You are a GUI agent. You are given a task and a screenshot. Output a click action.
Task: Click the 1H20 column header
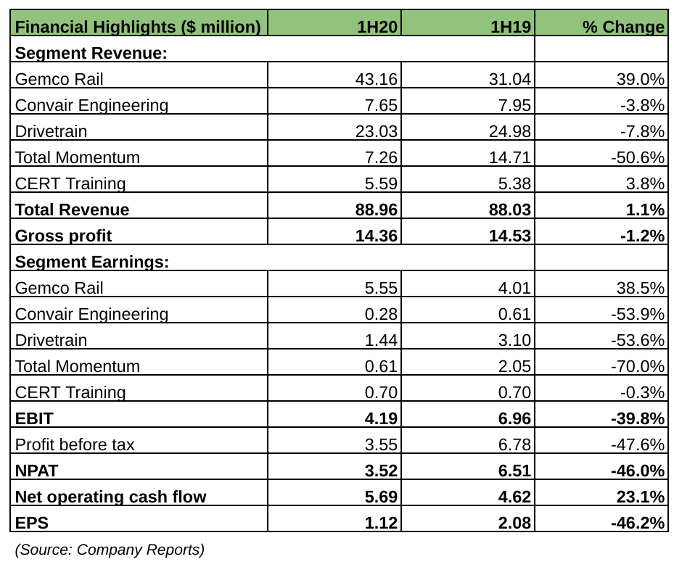pyautogui.click(x=377, y=28)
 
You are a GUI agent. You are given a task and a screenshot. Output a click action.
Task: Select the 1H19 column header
pyautogui.click(x=511, y=28)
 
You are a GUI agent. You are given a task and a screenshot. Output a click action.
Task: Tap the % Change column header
pyautogui.click(x=623, y=28)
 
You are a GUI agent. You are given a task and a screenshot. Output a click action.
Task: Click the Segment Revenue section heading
pyautogui.click(x=91, y=53)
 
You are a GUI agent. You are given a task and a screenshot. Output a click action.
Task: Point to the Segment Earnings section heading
pyautogui.click(x=92, y=262)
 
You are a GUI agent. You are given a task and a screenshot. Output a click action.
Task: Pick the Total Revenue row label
pyautogui.click(x=72, y=210)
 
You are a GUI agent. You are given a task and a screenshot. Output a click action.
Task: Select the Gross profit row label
pyautogui.click(x=63, y=236)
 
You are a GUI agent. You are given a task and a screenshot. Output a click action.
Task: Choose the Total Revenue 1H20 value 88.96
pyautogui.click(x=376, y=210)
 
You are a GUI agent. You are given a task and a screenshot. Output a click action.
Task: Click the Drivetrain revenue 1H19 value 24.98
pyautogui.click(x=510, y=131)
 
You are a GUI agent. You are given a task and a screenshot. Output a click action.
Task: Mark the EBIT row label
pyautogui.click(x=34, y=418)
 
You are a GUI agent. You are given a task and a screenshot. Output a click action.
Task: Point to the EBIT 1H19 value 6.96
pyautogui.click(x=514, y=418)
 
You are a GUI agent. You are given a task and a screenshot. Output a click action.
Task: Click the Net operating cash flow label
pyautogui.click(x=110, y=497)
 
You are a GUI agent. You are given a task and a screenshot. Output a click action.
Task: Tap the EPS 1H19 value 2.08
pyautogui.click(x=514, y=523)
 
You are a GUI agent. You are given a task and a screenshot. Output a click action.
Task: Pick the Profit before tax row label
pyautogui.click(x=75, y=444)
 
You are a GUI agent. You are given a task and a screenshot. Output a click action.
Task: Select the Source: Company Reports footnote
pyautogui.click(x=110, y=550)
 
